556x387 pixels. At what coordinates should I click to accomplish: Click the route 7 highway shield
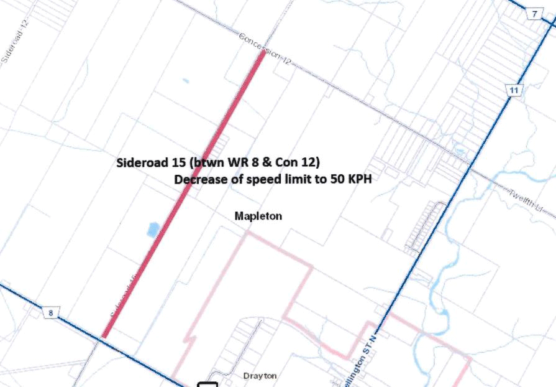(x=534, y=14)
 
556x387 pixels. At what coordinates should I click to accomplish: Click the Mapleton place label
(x=258, y=216)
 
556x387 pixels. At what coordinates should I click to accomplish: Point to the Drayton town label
(x=260, y=376)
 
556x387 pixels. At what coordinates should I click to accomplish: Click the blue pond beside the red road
(x=152, y=230)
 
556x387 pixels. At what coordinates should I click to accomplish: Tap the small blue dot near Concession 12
(x=185, y=80)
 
